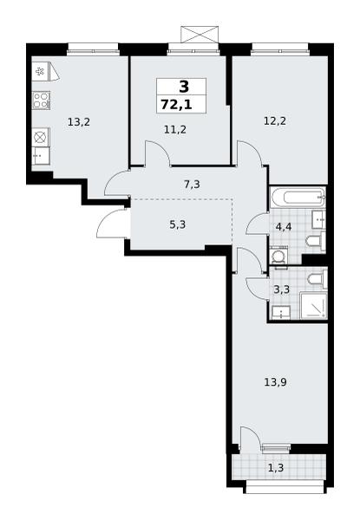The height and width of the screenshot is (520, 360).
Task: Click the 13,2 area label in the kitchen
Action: (x=79, y=122)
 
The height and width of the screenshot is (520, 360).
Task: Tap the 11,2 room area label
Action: (x=175, y=129)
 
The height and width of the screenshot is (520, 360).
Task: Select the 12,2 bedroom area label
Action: (x=275, y=121)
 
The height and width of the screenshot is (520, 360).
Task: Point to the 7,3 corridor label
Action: (x=192, y=184)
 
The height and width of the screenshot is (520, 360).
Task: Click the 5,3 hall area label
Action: (x=178, y=224)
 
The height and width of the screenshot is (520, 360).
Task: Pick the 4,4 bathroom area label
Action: (x=284, y=227)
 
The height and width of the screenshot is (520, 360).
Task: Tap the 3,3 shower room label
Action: (x=282, y=289)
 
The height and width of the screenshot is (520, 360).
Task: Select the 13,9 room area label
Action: (x=275, y=382)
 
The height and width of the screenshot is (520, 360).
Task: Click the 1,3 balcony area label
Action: (x=275, y=468)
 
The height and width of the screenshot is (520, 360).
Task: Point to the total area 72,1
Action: (x=176, y=105)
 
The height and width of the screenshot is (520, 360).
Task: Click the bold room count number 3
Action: (x=184, y=87)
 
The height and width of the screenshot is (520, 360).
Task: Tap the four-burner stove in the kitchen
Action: (x=41, y=101)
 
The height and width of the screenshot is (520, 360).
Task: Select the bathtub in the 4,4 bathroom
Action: (x=298, y=198)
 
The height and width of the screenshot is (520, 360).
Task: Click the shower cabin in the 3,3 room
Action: (x=313, y=305)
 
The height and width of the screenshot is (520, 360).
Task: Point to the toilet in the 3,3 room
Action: (x=317, y=278)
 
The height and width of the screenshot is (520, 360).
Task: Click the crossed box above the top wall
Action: (x=200, y=34)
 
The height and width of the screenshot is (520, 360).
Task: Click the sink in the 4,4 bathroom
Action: (x=318, y=219)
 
